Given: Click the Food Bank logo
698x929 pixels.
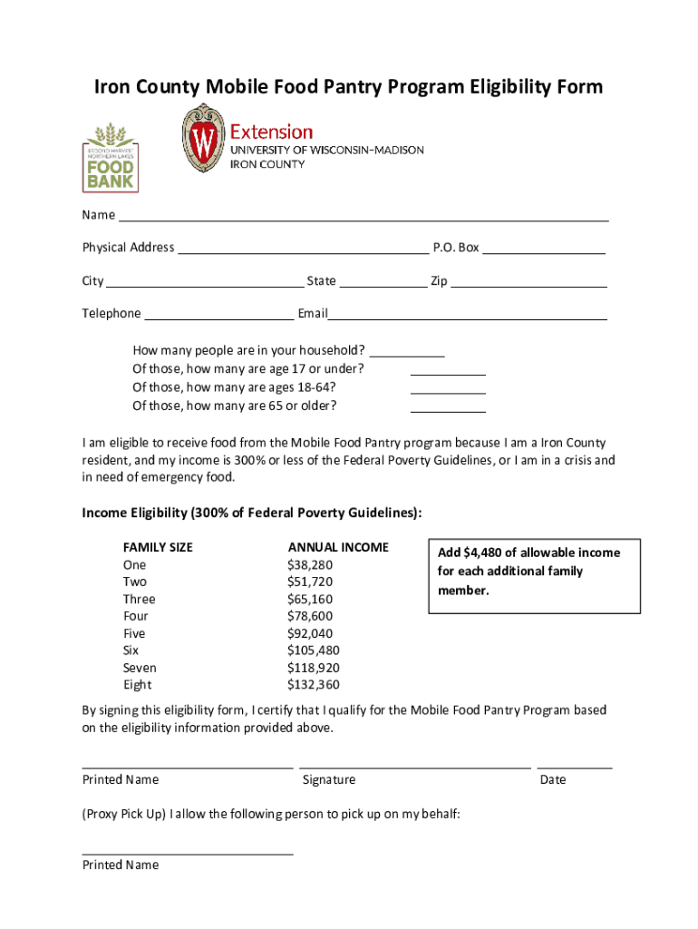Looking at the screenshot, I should coord(111,156).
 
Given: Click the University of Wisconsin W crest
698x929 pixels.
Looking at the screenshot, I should coord(204,139).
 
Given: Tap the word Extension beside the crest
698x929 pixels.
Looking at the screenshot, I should coord(271,132).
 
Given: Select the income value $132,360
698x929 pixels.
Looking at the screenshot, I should coord(314,685).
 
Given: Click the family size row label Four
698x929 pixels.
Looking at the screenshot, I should coord(136,616).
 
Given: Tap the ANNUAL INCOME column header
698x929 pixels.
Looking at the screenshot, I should coord(338,547).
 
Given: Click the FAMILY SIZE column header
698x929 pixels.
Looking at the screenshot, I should coord(158,547).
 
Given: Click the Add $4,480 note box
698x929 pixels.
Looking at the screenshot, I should coord(534,575).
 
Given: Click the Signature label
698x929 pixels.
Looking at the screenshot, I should coord(329,780).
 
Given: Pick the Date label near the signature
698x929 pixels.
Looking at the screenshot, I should coord(552,780).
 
